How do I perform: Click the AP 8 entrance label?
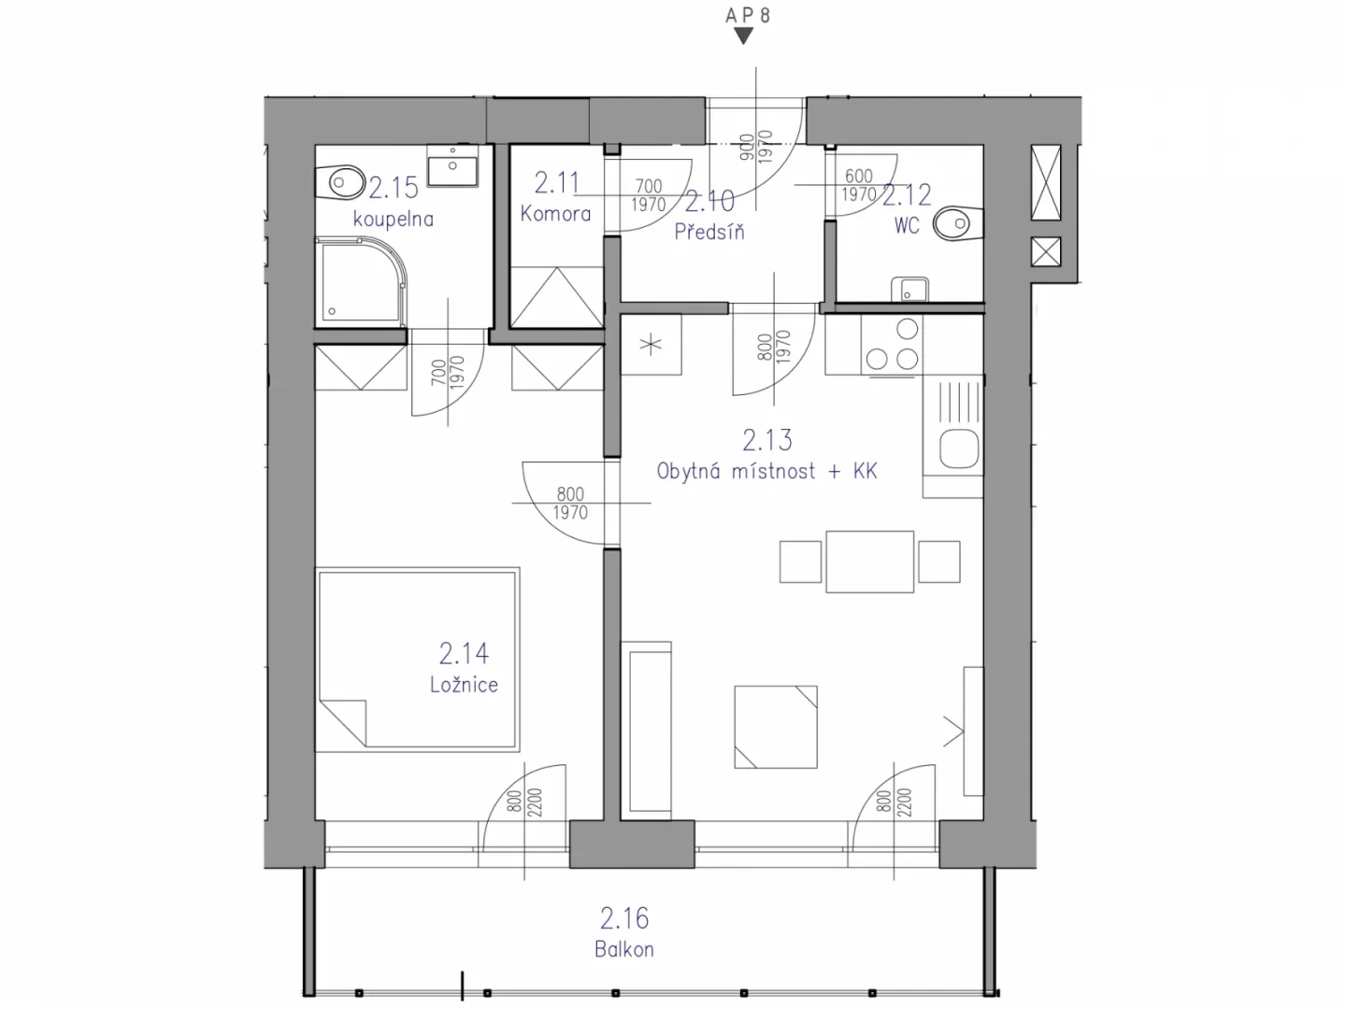[x=748, y=15]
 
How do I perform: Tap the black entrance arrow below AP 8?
[x=744, y=36]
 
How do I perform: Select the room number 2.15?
[x=394, y=188]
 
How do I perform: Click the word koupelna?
[x=394, y=219]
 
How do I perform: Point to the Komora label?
[x=555, y=214]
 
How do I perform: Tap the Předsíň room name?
[x=709, y=231]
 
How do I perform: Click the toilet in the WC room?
[x=958, y=223]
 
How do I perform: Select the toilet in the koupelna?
[x=340, y=182]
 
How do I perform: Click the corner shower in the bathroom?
[x=361, y=283]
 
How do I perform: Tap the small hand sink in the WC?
[x=909, y=290]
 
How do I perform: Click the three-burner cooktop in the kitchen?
[x=892, y=345]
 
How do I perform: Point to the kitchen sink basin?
[x=959, y=448]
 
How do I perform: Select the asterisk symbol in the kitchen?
[x=651, y=345]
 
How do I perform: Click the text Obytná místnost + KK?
[x=766, y=471]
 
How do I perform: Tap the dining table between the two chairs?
[x=869, y=561]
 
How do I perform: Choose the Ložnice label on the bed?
[x=464, y=684]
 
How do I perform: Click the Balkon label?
[x=624, y=949]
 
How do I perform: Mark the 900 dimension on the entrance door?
[x=746, y=148]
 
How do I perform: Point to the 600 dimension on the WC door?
[x=858, y=176]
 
